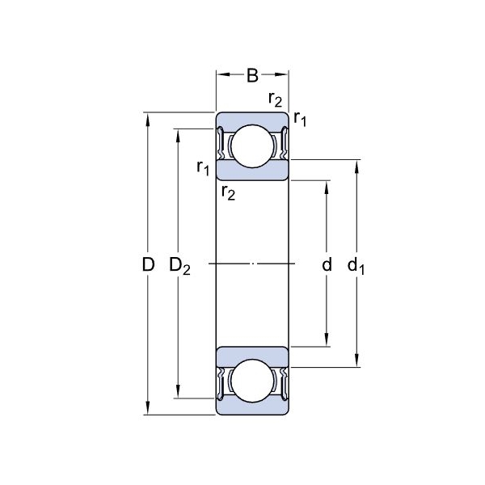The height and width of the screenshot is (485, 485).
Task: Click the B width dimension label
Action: (252, 75)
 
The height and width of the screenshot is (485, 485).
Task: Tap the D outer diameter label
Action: (148, 264)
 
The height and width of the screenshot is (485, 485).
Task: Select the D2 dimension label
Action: (179, 266)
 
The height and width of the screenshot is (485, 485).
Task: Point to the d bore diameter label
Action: (327, 264)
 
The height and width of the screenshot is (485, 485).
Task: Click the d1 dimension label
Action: (356, 266)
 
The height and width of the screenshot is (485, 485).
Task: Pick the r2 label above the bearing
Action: (276, 99)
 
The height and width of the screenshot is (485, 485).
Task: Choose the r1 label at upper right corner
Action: (300, 119)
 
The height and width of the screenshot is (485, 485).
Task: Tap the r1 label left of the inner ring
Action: (203, 168)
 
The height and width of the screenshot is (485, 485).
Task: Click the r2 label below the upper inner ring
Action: (228, 192)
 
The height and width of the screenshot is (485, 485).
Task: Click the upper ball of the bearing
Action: (252, 146)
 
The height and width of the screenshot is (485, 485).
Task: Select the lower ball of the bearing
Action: (252, 381)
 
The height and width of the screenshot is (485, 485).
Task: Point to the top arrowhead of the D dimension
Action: (148, 119)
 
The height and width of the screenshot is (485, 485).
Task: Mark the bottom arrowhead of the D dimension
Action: (148, 408)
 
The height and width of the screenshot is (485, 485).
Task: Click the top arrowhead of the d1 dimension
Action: (356, 167)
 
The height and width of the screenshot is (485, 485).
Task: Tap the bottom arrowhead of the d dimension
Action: (327, 339)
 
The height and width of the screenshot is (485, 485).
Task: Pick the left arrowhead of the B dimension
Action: (223, 74)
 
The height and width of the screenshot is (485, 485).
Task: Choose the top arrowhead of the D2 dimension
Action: (178, 136)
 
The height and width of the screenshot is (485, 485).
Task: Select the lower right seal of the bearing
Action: (285, 384)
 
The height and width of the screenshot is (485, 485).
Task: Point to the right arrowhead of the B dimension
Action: (281, 74)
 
